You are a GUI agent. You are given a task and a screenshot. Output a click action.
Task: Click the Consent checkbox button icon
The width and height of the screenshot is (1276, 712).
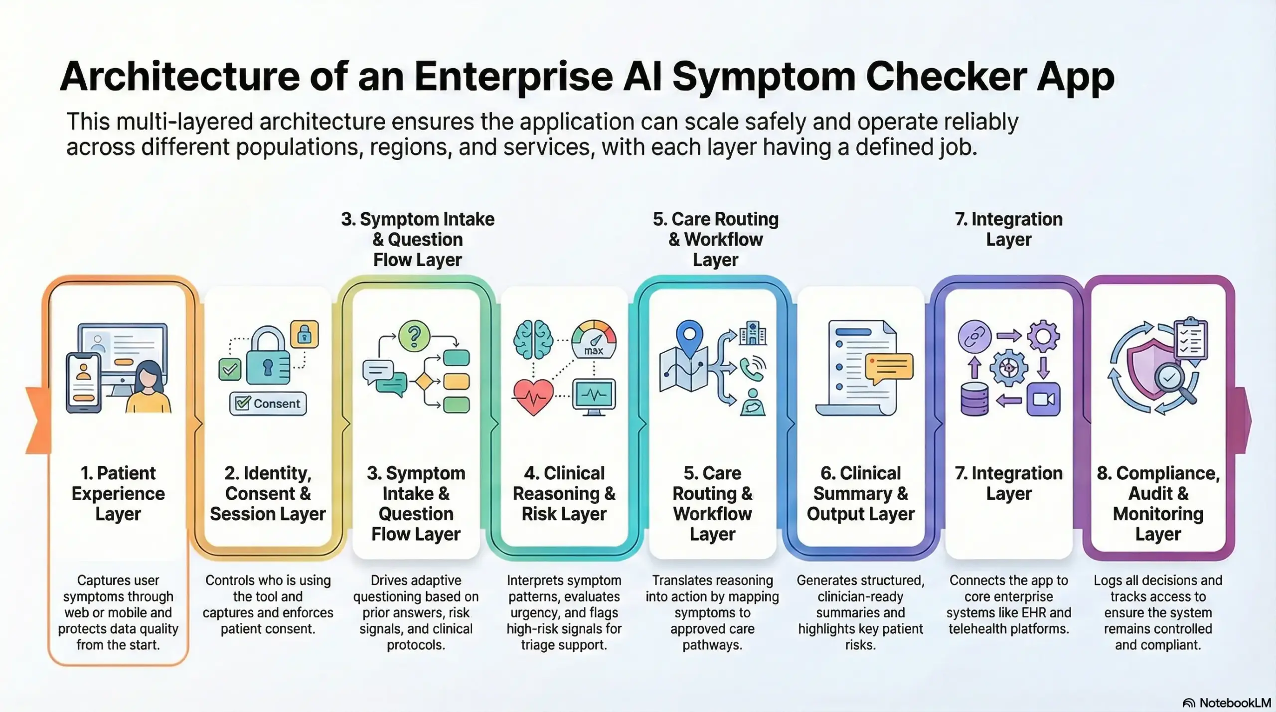click(x=268, y=403)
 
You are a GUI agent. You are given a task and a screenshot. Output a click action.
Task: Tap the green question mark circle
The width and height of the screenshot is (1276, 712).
click(x=414, y=336)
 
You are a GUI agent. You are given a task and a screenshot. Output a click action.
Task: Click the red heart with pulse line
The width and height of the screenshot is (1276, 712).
click(x=533, y=397)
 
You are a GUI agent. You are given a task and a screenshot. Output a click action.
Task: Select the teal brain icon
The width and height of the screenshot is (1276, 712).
click(x=533, y=340)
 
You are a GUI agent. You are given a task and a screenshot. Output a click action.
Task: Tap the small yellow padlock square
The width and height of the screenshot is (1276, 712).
click(x=304, y=334)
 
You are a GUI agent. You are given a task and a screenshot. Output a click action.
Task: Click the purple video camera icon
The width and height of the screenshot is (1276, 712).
click(x=1043, y=399)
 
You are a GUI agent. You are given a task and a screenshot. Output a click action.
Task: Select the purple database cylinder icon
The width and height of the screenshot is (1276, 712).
click(x=974, y=399)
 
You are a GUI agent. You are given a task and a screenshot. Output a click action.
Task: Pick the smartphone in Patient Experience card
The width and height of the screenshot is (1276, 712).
click(x=83, y=383)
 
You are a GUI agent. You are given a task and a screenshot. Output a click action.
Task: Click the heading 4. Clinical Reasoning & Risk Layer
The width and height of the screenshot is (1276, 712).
click(x=564, y=493)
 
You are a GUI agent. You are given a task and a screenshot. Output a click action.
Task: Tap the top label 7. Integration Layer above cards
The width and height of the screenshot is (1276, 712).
click(x=1008, y=229)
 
